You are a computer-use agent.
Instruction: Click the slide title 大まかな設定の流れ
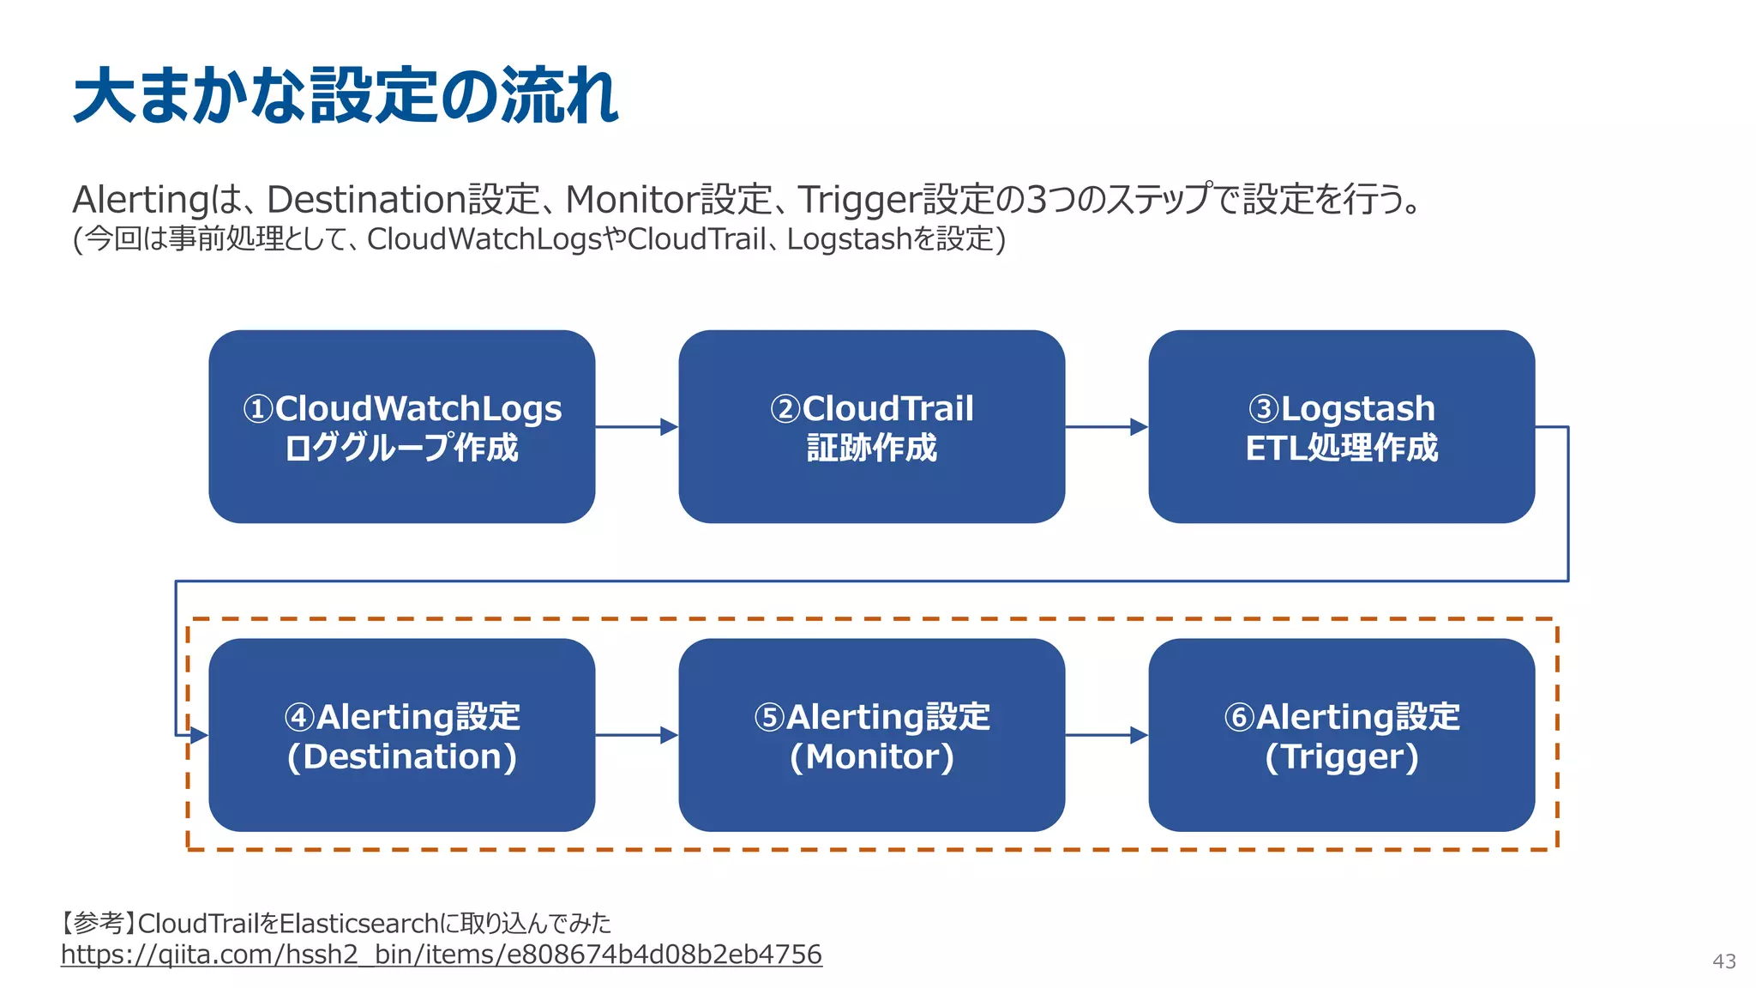(x=345, y=96)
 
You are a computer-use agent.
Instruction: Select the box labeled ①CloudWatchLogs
(x=401, y=426)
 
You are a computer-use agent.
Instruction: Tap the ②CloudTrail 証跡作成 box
(x=871, y=426)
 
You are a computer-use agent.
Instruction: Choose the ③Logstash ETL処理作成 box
(x=1341, y=426)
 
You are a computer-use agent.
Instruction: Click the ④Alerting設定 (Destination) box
(x=401, y=735)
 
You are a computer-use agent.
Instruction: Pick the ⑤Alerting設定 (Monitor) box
(x=871, y=735)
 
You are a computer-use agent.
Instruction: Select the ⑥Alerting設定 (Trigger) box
(x=1341, y=735)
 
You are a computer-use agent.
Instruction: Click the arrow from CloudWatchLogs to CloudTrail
(x=636, y=426)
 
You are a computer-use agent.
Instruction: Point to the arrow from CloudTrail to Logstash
(x=1106, y=426)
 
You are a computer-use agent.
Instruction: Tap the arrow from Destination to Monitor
(x=636, y=735)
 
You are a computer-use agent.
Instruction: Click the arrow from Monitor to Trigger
(x=1106, y=735)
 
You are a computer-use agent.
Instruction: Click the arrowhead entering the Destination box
(x=199, y=735)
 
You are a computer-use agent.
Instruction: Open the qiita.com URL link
(x=441, y=955)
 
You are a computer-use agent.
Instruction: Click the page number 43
(x=1723, y=961)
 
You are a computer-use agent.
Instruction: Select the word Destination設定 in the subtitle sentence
(x=403, y=200)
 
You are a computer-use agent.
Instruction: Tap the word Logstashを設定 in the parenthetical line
(x=892, y=239)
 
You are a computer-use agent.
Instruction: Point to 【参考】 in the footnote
(x=94, y=924)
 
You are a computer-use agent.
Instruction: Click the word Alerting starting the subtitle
(x=141, y=200)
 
